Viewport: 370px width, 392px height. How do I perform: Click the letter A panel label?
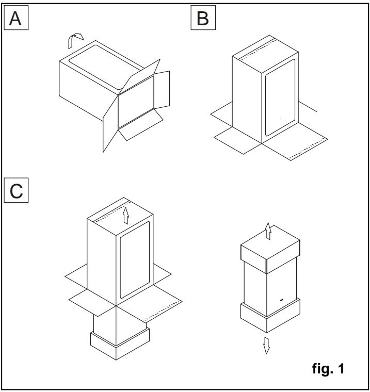[x=14, y=21]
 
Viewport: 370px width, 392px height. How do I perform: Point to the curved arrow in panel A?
[x=76, y=38]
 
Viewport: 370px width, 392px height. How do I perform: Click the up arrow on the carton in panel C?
[x=125, y=215]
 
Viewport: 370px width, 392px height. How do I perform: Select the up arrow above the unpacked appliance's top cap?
[x=266, y=230]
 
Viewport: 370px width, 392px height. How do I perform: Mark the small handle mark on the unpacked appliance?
[x=282, y=299]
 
